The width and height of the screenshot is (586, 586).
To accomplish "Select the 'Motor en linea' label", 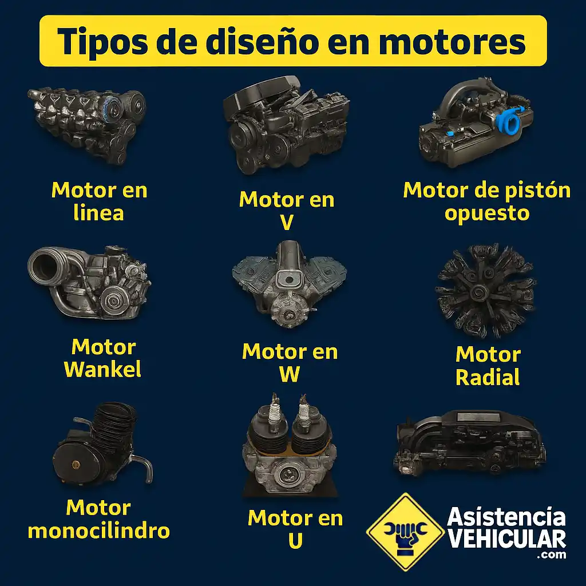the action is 99,201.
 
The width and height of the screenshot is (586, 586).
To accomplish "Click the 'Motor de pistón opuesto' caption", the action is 486,201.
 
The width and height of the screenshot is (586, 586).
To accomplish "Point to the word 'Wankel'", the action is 103,369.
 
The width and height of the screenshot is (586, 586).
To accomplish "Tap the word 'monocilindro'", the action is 98,530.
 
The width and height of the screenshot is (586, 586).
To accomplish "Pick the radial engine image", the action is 485,290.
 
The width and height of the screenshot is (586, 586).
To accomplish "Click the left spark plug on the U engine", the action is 275,411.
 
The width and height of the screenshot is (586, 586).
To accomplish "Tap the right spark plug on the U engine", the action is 303,411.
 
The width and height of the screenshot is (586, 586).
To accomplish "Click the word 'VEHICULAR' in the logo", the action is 507,539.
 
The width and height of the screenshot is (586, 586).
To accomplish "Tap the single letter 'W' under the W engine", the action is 289,374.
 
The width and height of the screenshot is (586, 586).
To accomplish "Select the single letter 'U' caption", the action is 295,540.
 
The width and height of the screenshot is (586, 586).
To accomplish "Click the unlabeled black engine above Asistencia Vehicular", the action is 469,442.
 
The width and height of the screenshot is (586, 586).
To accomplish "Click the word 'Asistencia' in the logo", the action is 506,517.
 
